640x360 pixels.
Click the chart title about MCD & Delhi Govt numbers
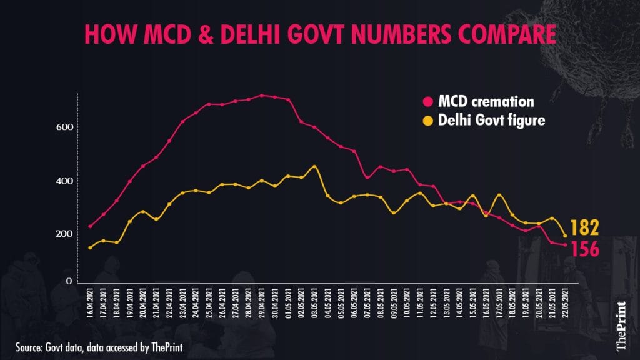pyautogui.click(x=319, y=35)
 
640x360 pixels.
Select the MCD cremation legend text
pyautogui.click(x=486, y=101)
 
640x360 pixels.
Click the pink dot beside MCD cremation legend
pyautogui.click(x=428, y=101)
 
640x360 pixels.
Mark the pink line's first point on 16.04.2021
pyautogui.click(x=91, y=226)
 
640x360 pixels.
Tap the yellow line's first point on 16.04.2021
pyautogui.click(x=91, y=247)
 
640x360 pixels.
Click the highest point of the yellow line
pyautogui.click(x=314, y=167)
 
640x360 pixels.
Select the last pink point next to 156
pyautogui.click(x=566, y=245)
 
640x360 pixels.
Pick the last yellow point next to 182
pyautogui.click(x=566, y=236)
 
